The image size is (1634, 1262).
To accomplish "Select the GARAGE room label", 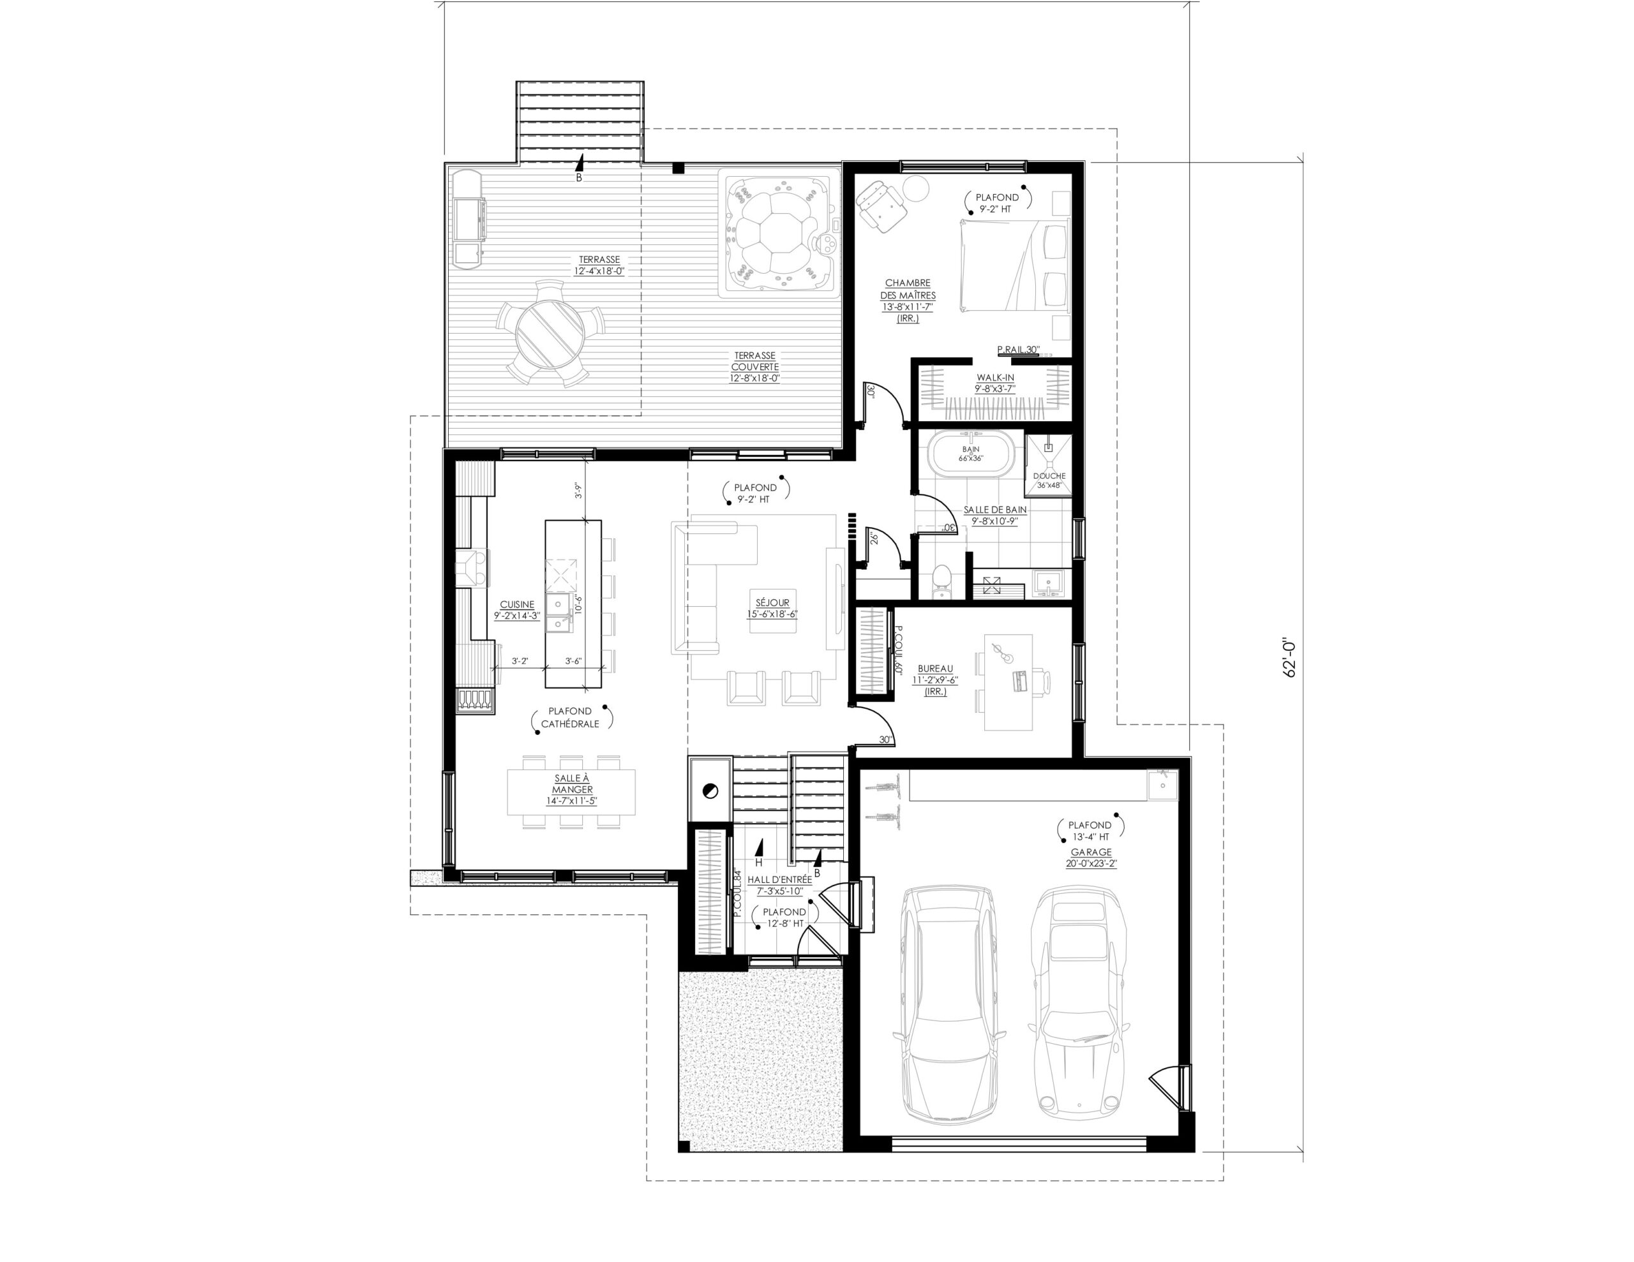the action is pos(1091,852).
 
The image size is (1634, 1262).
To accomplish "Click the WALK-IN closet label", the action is pos(995,378).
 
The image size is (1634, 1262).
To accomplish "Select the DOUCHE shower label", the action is pos(1049,476).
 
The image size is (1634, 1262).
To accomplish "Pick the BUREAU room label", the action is pos(935,668).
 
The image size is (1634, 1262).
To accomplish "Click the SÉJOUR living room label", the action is pos(772,602).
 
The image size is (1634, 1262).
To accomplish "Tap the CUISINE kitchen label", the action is pos(517,604).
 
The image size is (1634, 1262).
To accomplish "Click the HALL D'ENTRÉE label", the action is pos(779,880).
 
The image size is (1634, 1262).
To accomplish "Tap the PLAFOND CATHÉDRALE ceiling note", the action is pos(571,717).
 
